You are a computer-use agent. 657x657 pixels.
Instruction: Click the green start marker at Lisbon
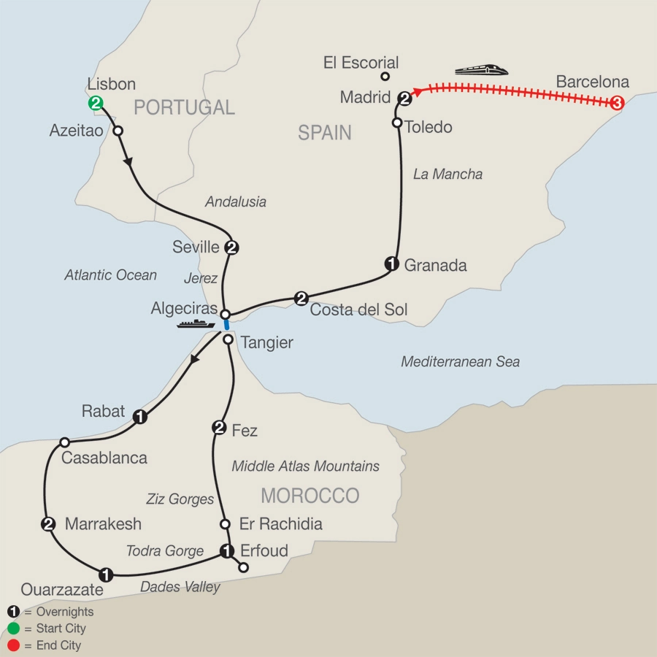[x=95, y=104]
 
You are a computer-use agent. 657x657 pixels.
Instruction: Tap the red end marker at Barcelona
[x=617, y=104]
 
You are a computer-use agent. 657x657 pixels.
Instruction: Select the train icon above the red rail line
[x=481, y=71]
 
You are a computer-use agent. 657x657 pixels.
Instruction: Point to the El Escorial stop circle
[x=385, y=76]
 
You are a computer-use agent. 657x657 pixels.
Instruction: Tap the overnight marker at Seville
[x=231, y=247]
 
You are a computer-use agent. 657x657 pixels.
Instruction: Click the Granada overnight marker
[x=391, y=264]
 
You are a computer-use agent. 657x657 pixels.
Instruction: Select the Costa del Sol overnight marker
[x=301, y=298]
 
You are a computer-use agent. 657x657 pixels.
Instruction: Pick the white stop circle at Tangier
[x=228, y=340]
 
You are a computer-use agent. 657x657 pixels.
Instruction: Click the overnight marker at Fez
[x=218, y=428]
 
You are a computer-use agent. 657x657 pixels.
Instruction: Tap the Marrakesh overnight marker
[x=48, y=523]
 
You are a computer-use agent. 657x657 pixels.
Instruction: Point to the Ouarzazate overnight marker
[x=107, y=573]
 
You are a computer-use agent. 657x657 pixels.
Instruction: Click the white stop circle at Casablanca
[x=64, y=442]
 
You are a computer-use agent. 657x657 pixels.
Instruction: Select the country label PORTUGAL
[x=184, y=108]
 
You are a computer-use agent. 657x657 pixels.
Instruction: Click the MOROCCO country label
[x=310, y=496]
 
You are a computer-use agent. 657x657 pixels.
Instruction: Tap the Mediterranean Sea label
[x=460, y=362]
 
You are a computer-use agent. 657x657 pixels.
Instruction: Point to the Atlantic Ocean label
[x=110, y=275]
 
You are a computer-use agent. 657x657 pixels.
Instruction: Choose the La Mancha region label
[x=447, y=174]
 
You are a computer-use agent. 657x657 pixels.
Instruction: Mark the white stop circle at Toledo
[x=398, y=123]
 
